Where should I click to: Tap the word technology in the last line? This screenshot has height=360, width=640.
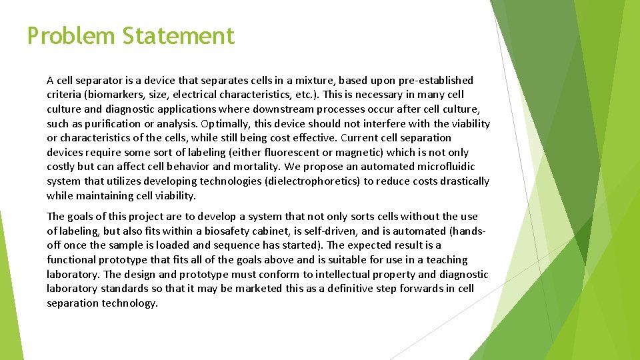click(x=129, y=303)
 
